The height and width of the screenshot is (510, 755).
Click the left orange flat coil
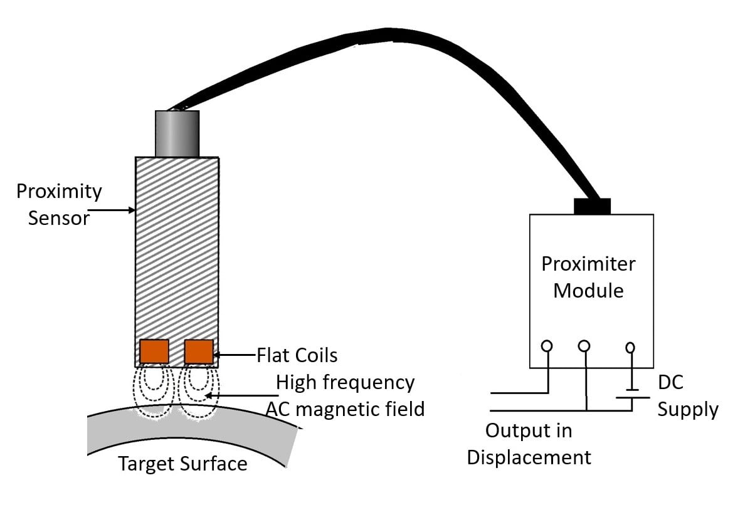(x=154, y=351)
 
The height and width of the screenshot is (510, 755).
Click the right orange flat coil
(x=199, y=351)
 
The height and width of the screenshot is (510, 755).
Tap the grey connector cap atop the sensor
(x=177, y=133)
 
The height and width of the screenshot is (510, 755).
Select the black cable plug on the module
(x=592, y=206)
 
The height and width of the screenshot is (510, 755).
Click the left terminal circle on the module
(x=547, y=346)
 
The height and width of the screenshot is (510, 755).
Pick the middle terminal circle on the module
(x=584, y=346)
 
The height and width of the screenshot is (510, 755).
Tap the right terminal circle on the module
(x=631, y=346)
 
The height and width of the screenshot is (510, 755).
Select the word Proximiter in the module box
(x=588, y=264)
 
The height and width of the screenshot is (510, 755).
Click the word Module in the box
(x=588, y=291)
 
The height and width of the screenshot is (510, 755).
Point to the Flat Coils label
(x=297, y=355)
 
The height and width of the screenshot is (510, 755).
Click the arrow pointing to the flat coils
(x=235, y=355)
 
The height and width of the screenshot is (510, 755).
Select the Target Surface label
(x=182, y=464)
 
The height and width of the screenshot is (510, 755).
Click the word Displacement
(x=529, y=457)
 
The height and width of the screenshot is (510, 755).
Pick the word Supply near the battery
(x=687, y=410)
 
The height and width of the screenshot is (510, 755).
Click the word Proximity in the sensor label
(x=59, y=191)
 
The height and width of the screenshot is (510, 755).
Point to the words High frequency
(x=346, y=382)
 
